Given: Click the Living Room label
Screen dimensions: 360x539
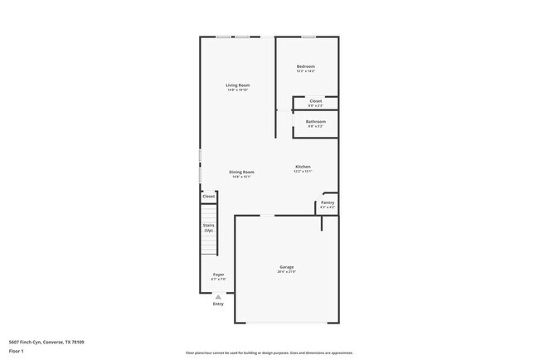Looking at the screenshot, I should pos(238,85).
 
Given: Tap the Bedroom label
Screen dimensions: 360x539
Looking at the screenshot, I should pos(306,66).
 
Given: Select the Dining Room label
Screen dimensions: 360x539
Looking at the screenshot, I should pos(241,172).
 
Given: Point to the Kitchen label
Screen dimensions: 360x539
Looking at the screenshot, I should pos(303,167).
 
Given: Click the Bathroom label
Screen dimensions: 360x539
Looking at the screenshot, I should pos(316,122).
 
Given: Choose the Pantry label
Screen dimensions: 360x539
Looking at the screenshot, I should pos(328,202).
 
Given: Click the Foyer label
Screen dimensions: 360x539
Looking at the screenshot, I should pos(218,275).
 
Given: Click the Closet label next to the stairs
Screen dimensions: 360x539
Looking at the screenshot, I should pos(209,197).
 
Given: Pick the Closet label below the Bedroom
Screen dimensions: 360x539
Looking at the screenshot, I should pos(316,101).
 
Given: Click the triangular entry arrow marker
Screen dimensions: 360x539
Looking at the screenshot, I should pos(218,296).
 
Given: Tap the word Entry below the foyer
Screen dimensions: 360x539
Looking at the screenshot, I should pos(218,304).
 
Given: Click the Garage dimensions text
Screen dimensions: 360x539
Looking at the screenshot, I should pos(285,273).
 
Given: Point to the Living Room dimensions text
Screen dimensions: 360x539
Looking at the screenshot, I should pos(238,90).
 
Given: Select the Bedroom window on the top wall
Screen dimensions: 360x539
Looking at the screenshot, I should pos(308,36).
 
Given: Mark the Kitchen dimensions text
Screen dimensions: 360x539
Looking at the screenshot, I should pos(303,172).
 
